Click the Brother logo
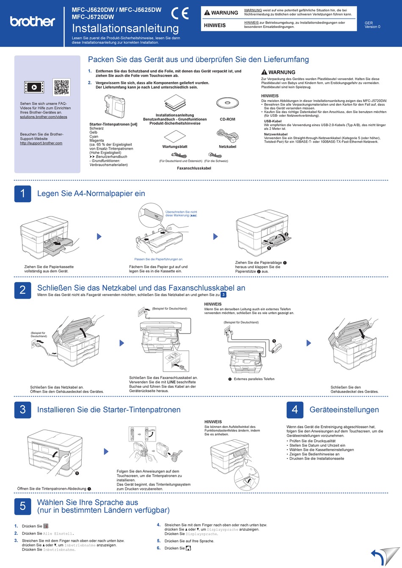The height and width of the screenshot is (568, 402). (33, 21)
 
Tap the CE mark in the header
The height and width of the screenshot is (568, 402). (180, 14)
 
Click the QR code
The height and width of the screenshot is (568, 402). (62, 87)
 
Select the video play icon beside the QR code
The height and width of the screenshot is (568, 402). (34, 88)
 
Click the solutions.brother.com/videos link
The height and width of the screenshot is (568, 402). (44, 117)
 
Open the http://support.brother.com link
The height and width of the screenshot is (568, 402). (41, 143)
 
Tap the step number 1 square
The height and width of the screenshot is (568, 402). (23, 194)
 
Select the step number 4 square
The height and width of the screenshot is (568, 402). (295, 410)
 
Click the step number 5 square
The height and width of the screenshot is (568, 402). (23, 506)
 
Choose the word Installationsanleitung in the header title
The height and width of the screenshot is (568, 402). (125, 28)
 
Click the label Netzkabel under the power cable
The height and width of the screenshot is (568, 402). (228, 147)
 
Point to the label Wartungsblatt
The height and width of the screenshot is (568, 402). (175, 147)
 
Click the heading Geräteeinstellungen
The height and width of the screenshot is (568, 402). (344, 410)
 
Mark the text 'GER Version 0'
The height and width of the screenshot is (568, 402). (372, 25)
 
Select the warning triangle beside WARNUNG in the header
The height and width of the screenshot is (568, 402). (207, 13)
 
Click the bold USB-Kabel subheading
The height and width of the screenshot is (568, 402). (273, 121)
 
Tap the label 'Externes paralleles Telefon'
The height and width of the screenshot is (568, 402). (254, 379)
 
